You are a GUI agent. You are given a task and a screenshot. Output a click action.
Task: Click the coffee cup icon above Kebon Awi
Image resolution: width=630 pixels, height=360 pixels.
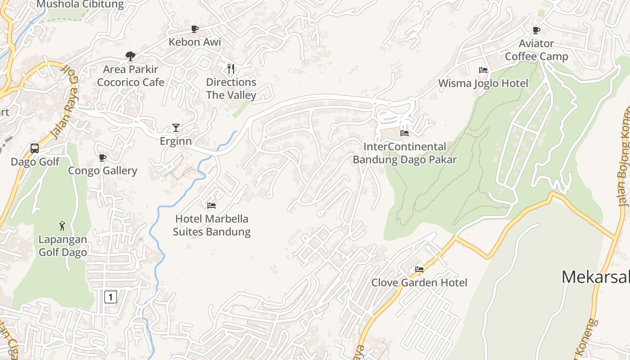pos(194,29)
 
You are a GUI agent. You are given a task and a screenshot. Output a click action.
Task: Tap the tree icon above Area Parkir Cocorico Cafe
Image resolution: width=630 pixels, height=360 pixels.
pos(130,56)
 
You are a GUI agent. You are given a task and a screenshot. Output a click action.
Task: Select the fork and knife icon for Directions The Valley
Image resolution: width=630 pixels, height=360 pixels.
pos(231,69)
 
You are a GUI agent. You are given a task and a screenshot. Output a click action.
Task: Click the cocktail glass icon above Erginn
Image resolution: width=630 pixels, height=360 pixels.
pos(176,128)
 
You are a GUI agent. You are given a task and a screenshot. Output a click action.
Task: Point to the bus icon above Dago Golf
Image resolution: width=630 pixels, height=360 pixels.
pos(35,148)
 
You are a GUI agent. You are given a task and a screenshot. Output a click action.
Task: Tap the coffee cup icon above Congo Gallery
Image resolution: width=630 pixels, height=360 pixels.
pos(103,157)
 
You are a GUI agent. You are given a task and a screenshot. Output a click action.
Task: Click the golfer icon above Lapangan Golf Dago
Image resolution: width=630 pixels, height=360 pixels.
pos(62,225)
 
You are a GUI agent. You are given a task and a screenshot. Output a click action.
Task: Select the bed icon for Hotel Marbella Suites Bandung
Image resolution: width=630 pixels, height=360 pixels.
pos(211,206)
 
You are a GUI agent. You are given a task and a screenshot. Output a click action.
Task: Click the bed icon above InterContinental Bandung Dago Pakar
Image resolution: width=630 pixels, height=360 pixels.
pos(405,133)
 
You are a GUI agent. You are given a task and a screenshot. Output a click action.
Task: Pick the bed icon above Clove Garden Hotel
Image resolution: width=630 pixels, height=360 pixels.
pos(419,270)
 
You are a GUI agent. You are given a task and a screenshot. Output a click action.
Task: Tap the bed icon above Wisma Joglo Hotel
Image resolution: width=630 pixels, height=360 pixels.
pos(483,70)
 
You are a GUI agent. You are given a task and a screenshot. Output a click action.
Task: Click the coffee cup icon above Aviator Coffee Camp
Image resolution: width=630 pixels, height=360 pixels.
pos(536,30)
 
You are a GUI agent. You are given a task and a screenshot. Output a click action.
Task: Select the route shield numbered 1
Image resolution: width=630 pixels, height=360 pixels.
pos(111,297)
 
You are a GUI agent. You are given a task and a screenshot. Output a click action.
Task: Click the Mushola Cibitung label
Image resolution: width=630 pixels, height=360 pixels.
pos(80,4)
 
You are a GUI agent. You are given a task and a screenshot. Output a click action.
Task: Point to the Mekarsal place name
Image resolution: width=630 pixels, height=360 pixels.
pos(595,277)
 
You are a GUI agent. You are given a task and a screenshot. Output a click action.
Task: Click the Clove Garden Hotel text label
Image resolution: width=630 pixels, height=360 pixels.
pos(419,283)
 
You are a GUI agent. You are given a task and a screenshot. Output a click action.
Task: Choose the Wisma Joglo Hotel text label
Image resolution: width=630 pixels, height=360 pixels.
pos(483,83)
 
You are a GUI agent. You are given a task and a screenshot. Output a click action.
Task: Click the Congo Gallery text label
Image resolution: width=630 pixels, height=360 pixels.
pos(103,171)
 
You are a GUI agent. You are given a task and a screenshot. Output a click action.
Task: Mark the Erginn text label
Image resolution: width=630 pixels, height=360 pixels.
pos(176,141)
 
